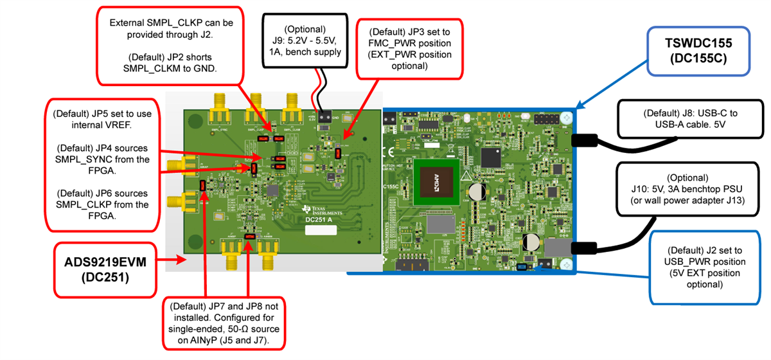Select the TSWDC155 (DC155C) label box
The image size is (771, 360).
pyautogui.click(x=694, y=51)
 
